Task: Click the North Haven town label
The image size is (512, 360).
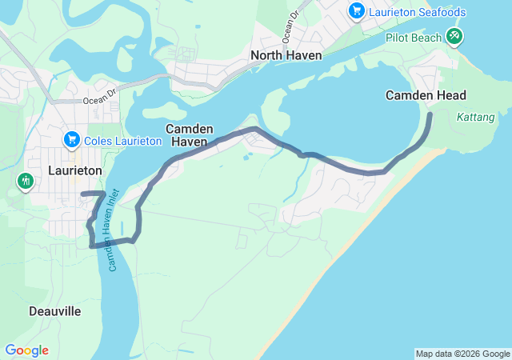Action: click(x=286, y=55)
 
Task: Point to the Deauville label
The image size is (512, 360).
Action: click(x=54, y=311)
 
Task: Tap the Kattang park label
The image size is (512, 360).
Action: click(x=475, y=117)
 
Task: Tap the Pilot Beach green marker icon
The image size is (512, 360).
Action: click(x=454, y=36)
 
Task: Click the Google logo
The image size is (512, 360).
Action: click(x=26, y=350)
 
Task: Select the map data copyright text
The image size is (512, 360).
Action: click(x=462, y=354)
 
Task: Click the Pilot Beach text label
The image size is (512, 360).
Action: click(x=414, y=37)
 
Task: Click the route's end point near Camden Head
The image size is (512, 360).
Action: click(x=430, y=115)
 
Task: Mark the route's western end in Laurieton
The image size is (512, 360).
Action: click(x=82, y=194)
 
